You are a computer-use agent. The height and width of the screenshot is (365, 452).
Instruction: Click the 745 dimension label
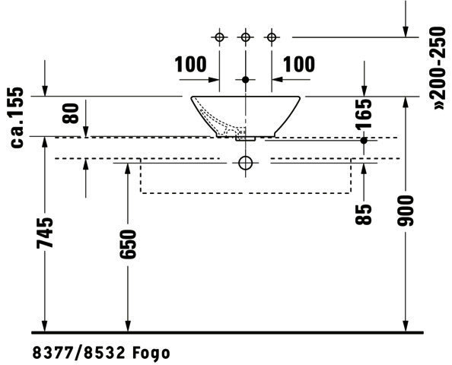click(45, 233)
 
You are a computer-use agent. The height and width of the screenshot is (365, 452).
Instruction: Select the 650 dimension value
click(128, 244)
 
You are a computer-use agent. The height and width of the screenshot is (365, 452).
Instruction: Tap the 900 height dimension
click(406, 211)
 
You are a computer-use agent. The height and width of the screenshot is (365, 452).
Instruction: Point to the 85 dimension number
click(364, 214)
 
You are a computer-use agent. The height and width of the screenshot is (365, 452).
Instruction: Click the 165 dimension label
click(364, 114)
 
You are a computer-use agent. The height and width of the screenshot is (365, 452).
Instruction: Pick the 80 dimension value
click(71, 113)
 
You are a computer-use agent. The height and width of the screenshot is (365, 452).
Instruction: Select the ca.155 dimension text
click(17, 117)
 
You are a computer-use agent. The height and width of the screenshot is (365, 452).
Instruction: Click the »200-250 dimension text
click(439, 68)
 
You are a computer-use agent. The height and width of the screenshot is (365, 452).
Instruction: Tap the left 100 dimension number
click(190, 64)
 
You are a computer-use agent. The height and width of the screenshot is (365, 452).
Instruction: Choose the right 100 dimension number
click(299, 64)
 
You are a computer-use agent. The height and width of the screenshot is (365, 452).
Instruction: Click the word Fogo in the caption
click(151, 353)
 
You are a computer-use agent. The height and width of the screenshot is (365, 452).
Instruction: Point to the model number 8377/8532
click(79, 353)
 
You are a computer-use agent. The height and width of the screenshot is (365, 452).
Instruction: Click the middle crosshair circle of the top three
click(246, 37)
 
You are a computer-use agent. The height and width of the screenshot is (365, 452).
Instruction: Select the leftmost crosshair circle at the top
click(219, 37)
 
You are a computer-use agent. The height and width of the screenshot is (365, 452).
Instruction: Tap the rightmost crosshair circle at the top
click(272, 37)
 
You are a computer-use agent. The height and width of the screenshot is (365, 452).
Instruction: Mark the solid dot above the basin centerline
click(246, 80)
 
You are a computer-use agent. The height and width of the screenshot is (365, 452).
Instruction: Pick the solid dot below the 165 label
click(364, 141)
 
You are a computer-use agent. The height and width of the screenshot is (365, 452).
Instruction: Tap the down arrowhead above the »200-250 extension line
click(406, 32)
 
